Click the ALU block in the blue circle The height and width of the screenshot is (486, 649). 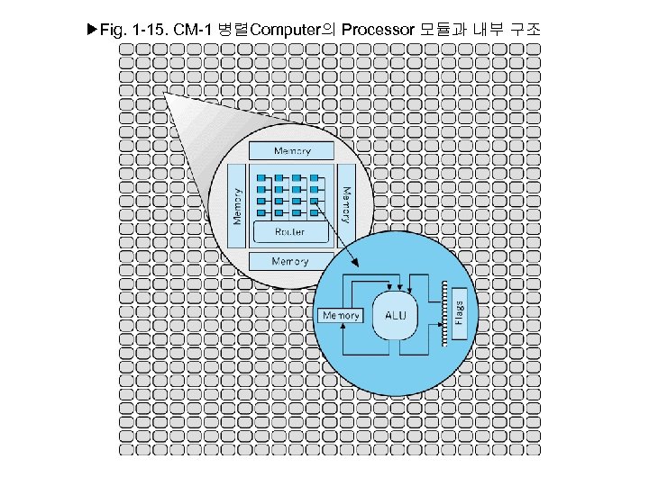point(396,315)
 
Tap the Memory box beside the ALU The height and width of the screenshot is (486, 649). point(341,316)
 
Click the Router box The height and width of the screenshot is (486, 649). point(290,231)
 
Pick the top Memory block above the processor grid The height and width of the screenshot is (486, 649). point(291,151)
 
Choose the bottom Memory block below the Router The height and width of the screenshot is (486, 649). point(290,261)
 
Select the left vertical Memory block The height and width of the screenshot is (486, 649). point(238,205)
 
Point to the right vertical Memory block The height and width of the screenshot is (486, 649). point(346,205)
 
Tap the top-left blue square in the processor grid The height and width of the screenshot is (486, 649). point(262,177)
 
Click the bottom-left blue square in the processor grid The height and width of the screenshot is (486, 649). point(262,215)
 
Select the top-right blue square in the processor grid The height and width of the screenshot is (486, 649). point(315,177)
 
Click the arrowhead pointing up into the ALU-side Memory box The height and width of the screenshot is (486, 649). point(345,328)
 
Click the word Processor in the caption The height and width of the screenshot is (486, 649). point(378,31)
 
